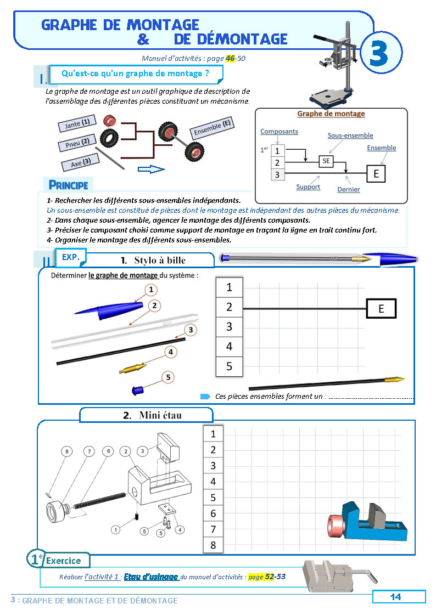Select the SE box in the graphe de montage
click(327, 161)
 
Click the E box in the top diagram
click(376, 174)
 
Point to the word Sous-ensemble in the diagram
click(350, 135)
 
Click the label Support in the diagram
click(308, 187)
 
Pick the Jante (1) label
click(77, 123)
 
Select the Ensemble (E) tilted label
click(213, 128)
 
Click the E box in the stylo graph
click(381, 309)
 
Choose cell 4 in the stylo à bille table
click(230, 347)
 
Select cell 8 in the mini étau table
click(214, 545)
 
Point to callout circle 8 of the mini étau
click(66, 451)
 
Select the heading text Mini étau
click(160, 415)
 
